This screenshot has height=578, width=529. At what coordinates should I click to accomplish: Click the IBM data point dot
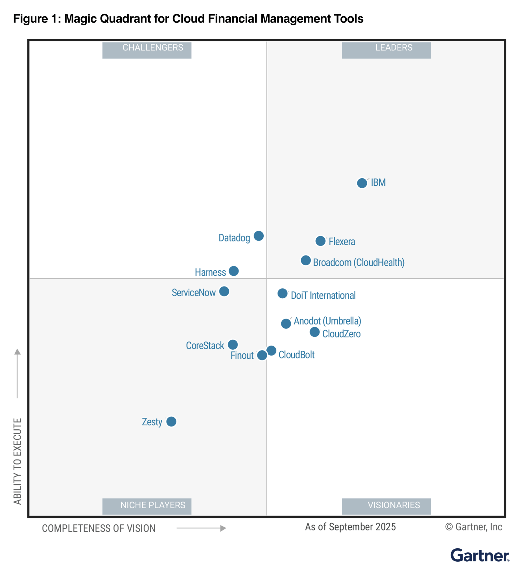362,183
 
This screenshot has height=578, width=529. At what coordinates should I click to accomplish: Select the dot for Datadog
259,236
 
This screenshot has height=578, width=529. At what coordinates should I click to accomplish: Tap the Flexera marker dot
321,241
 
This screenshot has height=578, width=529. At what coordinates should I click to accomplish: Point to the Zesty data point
171,421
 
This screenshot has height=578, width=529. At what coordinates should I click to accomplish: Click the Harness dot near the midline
234,271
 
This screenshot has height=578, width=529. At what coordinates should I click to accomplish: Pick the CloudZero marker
315,332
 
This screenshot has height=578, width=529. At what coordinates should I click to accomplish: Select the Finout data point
262,355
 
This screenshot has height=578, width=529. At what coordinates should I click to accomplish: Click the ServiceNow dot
224,291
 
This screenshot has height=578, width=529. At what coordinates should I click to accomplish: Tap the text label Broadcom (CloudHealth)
359,262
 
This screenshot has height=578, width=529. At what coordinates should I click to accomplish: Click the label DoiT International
323,295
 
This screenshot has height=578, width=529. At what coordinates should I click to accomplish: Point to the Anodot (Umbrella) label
327,321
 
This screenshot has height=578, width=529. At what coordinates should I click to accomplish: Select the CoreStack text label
205,345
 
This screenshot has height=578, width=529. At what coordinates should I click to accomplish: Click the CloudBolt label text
296,355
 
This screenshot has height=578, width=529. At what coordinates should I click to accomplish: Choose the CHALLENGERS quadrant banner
147,50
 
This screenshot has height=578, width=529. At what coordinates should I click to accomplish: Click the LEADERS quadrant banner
386,50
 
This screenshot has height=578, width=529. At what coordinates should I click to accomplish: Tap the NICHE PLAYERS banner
147,506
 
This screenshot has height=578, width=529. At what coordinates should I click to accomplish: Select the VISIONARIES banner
386,506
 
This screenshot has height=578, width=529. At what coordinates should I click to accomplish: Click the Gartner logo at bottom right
480,555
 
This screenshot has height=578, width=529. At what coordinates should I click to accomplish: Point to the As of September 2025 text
350,527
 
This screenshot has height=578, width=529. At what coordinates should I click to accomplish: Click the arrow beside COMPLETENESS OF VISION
201,528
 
